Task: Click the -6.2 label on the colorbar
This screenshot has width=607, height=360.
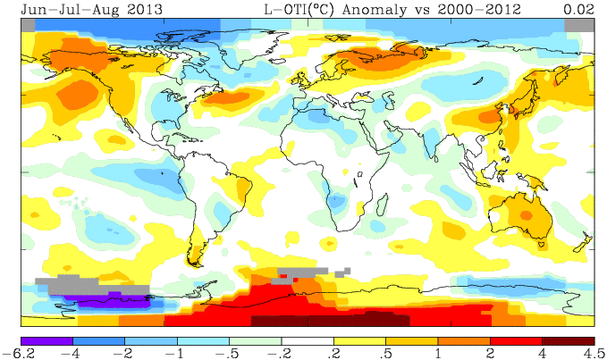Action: click(21, 353)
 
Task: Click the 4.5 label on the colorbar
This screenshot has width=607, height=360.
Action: click(593, 353)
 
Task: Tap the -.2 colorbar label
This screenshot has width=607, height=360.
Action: click(281, 353)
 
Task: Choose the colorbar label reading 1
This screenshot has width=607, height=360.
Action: click(437, 353)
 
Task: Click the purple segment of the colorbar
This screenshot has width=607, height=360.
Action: click(47, 340)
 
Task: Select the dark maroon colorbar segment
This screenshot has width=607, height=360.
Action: click(568, 340)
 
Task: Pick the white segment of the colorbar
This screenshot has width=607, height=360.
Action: click(307, 340)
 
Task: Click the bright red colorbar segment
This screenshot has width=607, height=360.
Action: click(516, 340)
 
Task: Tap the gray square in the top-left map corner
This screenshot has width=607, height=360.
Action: click(28, 25)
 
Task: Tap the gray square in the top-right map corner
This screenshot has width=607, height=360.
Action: click(579, 25)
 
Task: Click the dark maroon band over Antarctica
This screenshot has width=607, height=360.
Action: click(331, 320)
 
